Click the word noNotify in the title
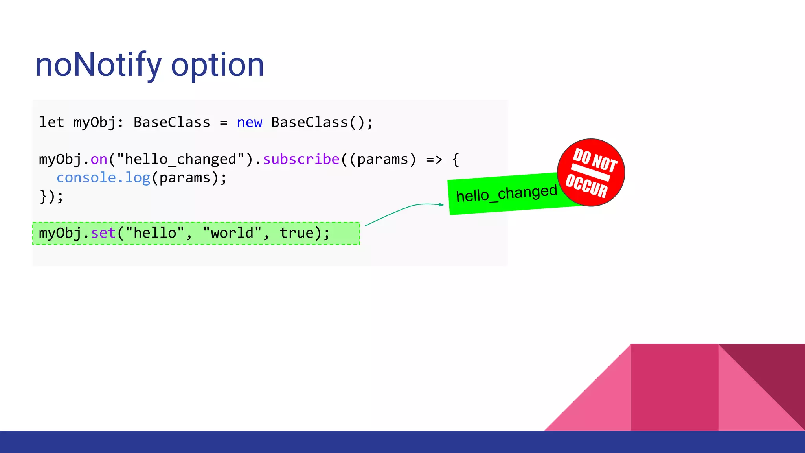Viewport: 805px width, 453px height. tap(98, 65)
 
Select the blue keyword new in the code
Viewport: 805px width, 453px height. tap(249, 122)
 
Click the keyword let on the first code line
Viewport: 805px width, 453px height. tap(51, 122)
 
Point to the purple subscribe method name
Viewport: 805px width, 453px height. tap(301, 159)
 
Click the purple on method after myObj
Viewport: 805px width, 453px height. tap(99, 159)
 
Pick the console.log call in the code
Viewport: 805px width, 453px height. tap(103, 178)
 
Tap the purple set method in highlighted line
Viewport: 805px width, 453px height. tap(103, 233)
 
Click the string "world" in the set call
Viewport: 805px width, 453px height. tap(232, 233)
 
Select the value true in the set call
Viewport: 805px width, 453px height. tap(297, 233)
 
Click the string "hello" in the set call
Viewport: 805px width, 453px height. tap(155, 233)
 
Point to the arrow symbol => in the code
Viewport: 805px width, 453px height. tap(434, 159)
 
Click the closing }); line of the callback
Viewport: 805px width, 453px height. tap(51, 196)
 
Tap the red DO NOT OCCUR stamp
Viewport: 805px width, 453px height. tap(591, 172)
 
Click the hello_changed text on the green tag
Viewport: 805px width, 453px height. tap(506, 193)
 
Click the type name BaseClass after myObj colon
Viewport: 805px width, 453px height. tap(172, 122)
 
